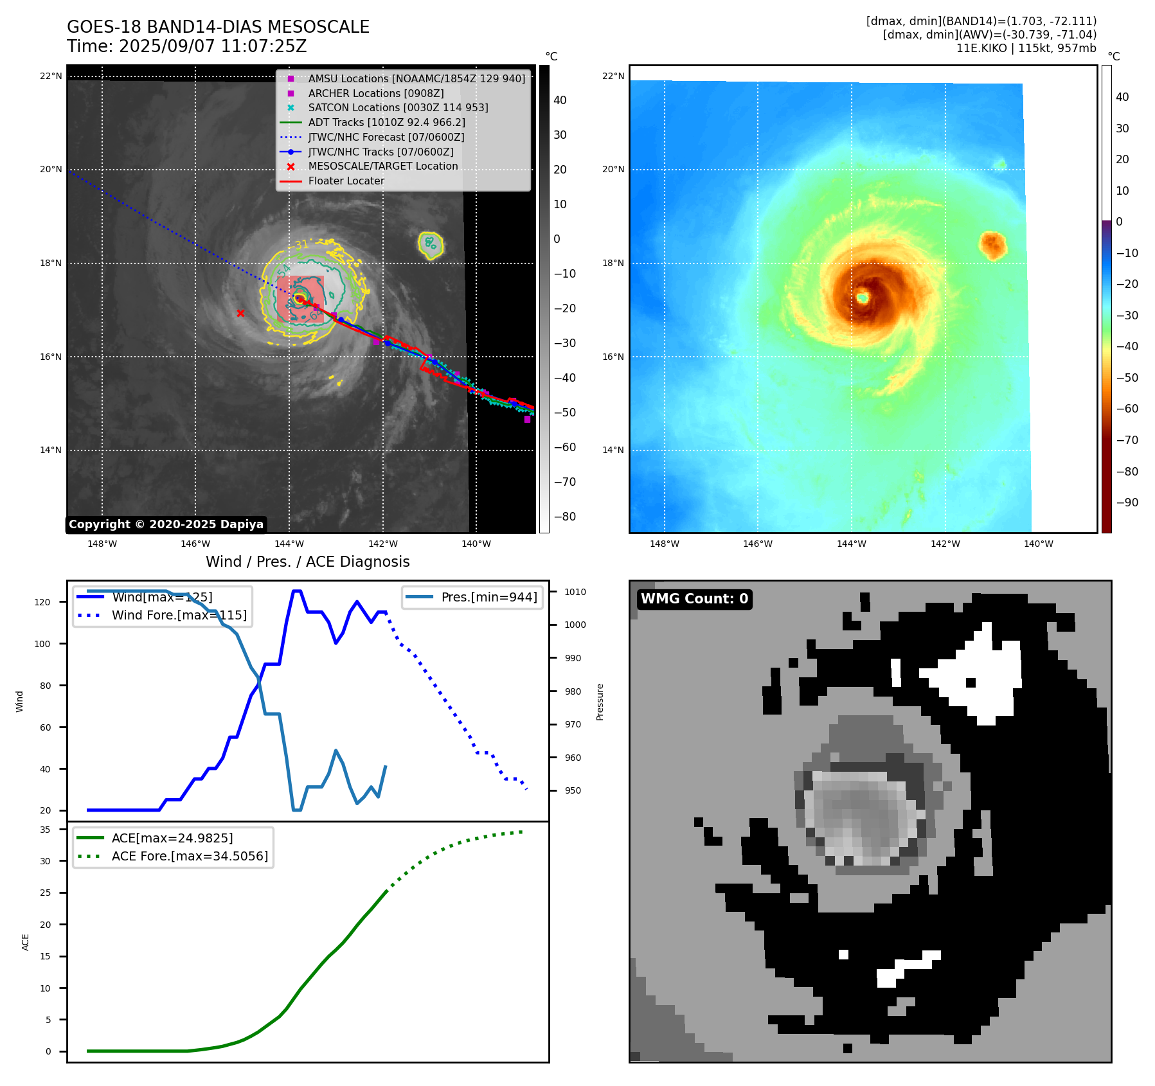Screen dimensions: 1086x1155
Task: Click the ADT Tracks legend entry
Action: click(x=386, y=122)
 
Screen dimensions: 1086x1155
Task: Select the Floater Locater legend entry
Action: click(x=346, y=181)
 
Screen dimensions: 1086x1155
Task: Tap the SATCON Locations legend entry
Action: click(x=398, y=107)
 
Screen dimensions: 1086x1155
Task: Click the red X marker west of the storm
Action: click(x=240, y=313)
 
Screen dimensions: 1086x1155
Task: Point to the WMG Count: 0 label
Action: click(x=694, y=599)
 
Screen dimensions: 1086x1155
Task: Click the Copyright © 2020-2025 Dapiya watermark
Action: click(x=166, y=524)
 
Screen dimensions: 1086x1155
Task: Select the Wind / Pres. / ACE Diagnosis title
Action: click(x=307, y=562)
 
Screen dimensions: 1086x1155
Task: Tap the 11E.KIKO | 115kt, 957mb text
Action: click(x=1026, y=48)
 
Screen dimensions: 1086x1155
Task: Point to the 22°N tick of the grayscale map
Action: click(x=51, y=76)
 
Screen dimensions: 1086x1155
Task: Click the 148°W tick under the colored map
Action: click(x=664, y=544)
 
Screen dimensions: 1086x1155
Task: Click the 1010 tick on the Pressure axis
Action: click(x=575, y=592)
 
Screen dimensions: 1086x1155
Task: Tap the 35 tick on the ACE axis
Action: click(x=45, y=830)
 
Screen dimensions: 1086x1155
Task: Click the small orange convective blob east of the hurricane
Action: click(x=992, y=245)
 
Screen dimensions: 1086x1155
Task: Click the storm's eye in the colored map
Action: click(x=862, y=298)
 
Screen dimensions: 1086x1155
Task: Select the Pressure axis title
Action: click(x=600, y=702)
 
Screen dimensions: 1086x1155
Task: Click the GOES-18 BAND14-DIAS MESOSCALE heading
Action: click(x=218, y=27)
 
